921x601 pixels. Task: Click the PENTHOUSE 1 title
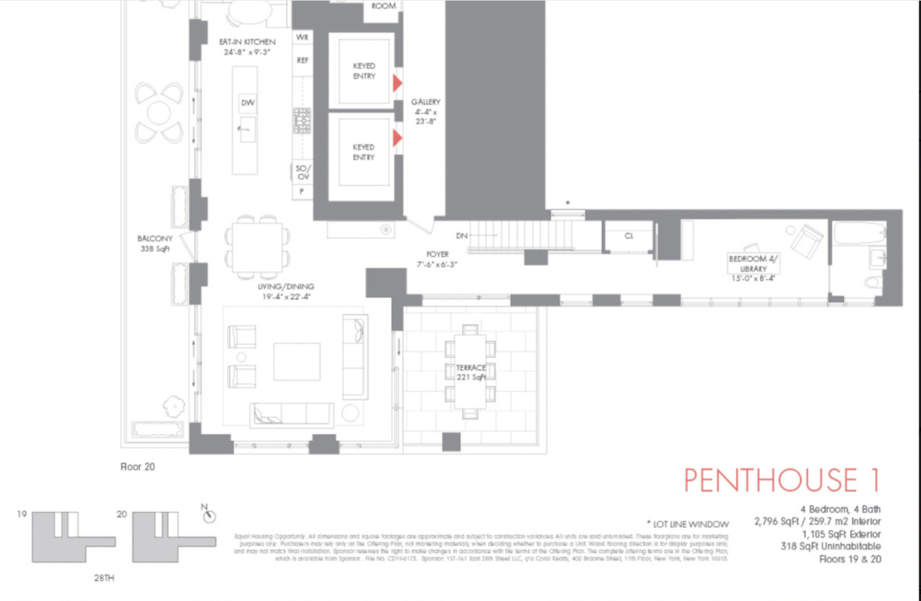point(782,480)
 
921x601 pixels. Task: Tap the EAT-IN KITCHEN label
point(247,47)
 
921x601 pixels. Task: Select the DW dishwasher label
point(247,103)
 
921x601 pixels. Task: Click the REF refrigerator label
point(302,60)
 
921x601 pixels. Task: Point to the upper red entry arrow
point(397,82)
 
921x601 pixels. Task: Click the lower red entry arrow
point(397,138)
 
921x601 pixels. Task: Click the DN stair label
point(462,236)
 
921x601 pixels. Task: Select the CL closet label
point(629,236)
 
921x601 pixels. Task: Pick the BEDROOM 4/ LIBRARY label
point(753,268)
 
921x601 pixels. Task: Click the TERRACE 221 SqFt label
point(471,372)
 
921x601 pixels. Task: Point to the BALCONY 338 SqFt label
point(155,243)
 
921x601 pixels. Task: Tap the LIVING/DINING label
point(286,291)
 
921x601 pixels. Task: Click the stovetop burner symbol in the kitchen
point(302,120)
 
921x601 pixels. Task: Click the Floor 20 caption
point(138,467)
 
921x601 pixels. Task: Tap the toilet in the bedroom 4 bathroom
point(874,283)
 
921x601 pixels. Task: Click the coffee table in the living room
point(297,361)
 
